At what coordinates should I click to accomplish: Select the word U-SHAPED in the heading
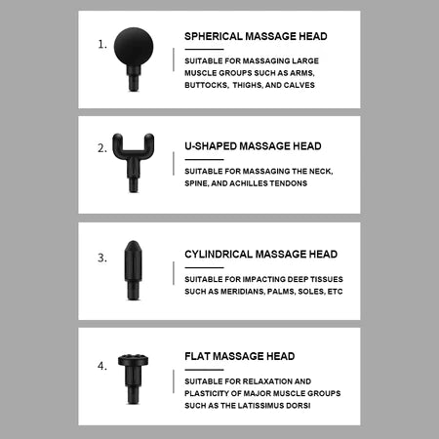coord(208,144)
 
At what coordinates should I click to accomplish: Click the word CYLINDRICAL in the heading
coord(219,254)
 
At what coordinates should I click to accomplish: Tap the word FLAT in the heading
coord(197,356)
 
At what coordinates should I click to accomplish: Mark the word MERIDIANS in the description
coord(242,292)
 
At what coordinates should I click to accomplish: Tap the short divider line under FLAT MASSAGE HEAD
coord(204,369)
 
